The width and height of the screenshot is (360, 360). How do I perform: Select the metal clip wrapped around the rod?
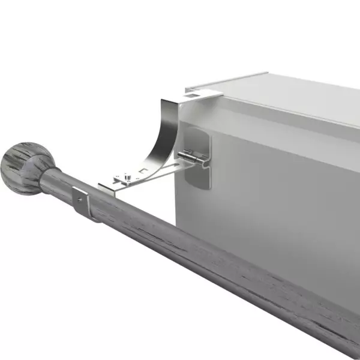[81, 202]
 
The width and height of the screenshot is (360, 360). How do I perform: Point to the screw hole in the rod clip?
[79, 196]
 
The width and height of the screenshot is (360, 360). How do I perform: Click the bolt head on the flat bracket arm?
[125, 176]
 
